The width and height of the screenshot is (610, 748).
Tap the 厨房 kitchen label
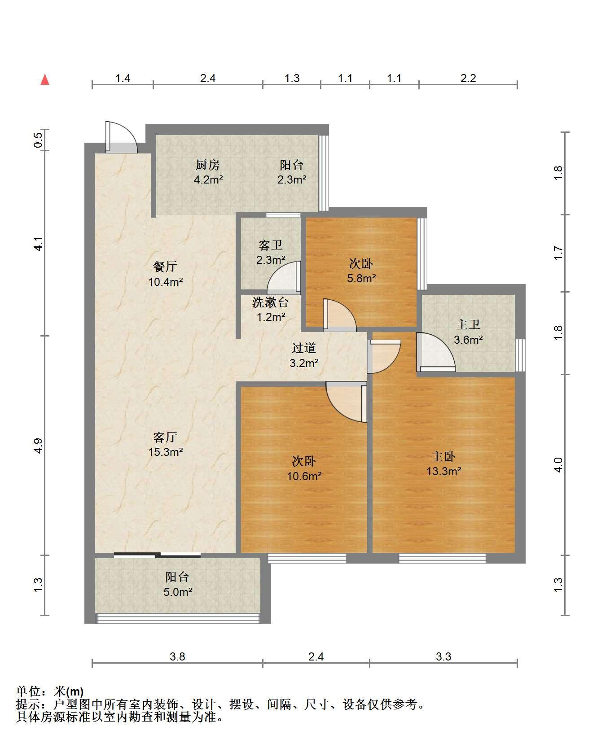click(207, 165)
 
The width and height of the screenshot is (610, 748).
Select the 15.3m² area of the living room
click(165, 452)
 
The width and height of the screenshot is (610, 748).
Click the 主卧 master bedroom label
click(443, 456)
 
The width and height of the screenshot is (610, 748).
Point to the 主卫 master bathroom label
click(468, 324)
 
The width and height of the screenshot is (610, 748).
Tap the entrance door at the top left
click(121, 137)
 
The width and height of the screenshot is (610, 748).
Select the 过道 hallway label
click(304, 348)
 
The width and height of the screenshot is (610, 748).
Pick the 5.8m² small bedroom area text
click(361, 278)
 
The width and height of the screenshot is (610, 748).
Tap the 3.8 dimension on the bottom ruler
click(177, 656)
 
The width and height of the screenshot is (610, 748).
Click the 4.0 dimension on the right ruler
click(558, 465)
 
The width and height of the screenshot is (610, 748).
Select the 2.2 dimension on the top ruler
click(468, 78)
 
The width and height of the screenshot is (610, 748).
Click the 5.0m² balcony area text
click(178, 592)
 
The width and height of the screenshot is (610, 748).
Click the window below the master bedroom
click(443, 558)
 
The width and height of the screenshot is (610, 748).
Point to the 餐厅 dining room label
click(165, 267)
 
